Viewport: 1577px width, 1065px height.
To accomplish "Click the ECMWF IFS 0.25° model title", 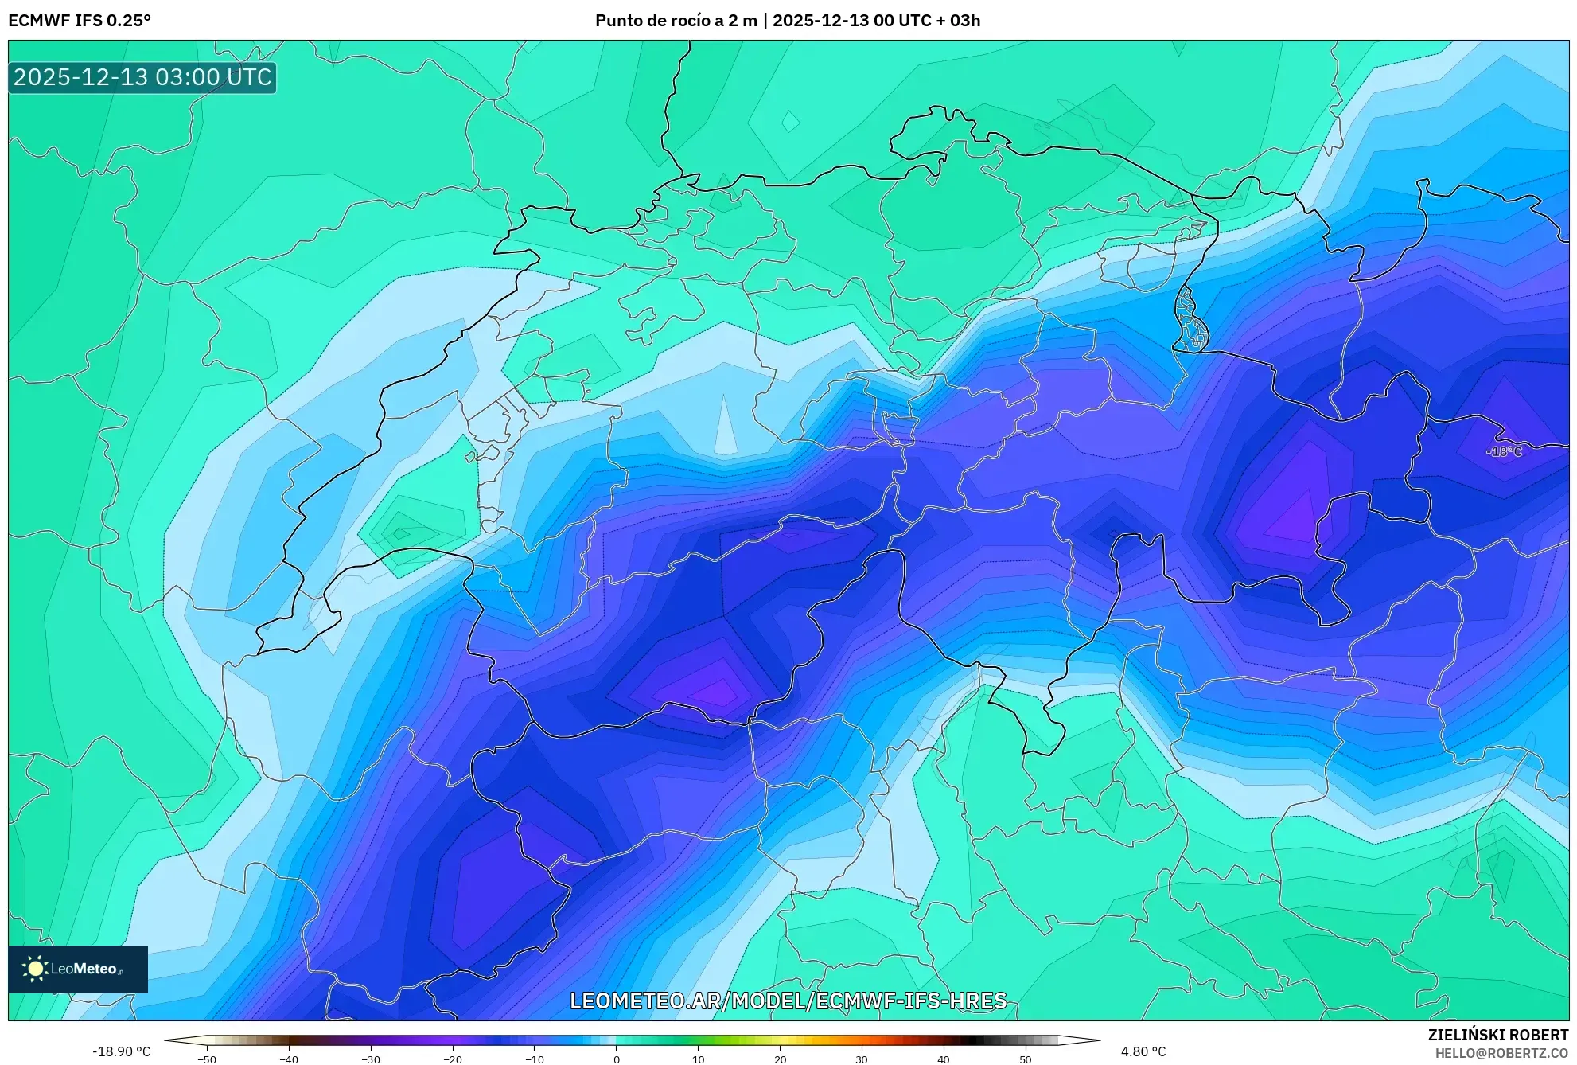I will tap(80, 21).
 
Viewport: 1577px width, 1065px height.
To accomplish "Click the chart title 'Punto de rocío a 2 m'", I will tap(676, 21).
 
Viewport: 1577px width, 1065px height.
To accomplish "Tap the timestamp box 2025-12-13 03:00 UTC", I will tap(142, 77).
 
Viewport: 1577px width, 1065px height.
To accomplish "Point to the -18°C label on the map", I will tap(1504, 451).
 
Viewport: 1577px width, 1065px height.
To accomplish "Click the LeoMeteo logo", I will tap(78, 969).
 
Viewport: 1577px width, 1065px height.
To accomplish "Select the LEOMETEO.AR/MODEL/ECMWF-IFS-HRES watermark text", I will tap(788, 1001).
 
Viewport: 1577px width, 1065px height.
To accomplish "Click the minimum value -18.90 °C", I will tap(121, 1051).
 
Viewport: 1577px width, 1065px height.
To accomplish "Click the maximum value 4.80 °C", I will tap(1143, 1051).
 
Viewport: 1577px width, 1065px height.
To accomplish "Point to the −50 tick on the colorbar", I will tap(207, 1059).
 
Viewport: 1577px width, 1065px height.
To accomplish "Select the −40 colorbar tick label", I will tap(289, 1059).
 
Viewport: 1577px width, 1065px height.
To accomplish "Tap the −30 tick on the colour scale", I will tap(371, 1059).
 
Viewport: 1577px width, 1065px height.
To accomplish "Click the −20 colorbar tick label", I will tap(453, 1059).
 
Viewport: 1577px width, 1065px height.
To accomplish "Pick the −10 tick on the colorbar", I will tap(535, 1059).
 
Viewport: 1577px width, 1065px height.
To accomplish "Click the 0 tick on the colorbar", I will tap(617, 1059).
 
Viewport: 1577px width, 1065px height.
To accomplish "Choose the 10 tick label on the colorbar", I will tap(699, 1059).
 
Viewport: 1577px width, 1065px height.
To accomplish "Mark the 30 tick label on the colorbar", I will tap(862, 1059).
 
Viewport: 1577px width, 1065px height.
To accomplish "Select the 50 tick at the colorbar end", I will tap(1026, 1059).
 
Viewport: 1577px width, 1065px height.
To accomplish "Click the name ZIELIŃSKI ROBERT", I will tap(1498, 1035).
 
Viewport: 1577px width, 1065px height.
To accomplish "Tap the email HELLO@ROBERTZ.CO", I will tap(1501, 1053).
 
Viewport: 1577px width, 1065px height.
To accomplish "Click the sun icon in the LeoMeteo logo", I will tap(35, 969).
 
